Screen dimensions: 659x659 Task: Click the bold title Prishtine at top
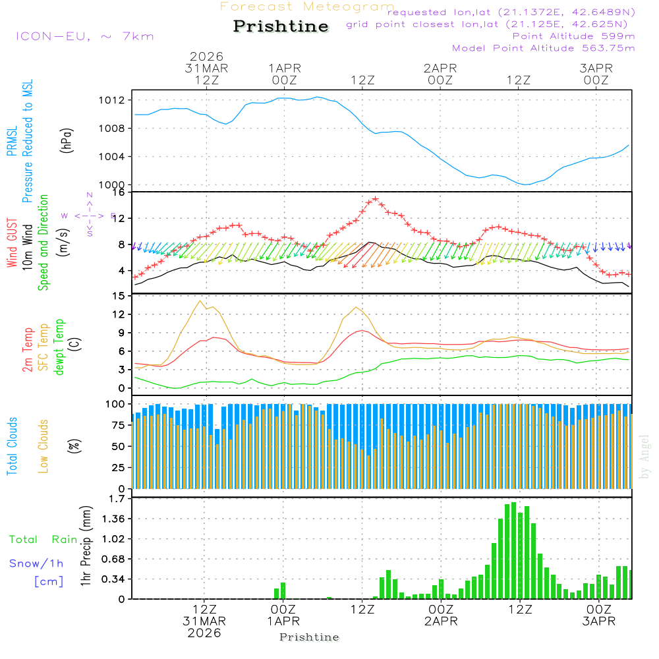(281, 26)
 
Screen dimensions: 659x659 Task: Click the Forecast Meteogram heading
(307, 7)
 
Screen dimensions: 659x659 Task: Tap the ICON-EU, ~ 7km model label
(84, 36)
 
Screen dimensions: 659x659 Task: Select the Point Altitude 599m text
(573, 36)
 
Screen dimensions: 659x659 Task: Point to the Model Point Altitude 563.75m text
(544, 48)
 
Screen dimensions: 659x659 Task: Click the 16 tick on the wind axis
(119, 192)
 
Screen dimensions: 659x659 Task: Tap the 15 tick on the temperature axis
(119, 296)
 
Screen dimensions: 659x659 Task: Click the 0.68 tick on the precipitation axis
(113, 559)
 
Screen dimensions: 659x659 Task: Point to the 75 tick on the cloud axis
(118, 425)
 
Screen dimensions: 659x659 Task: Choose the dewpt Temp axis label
(59, 347)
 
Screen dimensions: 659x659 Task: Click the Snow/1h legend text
(36, 563)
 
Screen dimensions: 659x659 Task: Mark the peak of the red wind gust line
(375, 199)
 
